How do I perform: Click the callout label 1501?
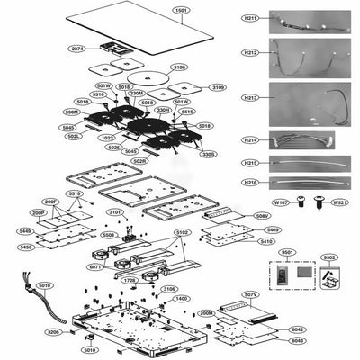point(181,11)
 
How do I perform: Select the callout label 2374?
point(78,49)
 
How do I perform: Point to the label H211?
point(250,18)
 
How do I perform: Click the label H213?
point(250,97)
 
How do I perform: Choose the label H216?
point(250,183)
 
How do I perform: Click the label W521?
point(339,202)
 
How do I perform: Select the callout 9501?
point(287,252)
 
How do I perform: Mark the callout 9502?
point(329,257)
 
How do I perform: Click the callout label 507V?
point(251,294)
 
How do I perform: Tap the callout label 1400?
point(182,298)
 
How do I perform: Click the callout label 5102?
point(183,232)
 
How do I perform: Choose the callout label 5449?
point(26,231)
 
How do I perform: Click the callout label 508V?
point(262,216)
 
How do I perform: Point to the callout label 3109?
point(219,87)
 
